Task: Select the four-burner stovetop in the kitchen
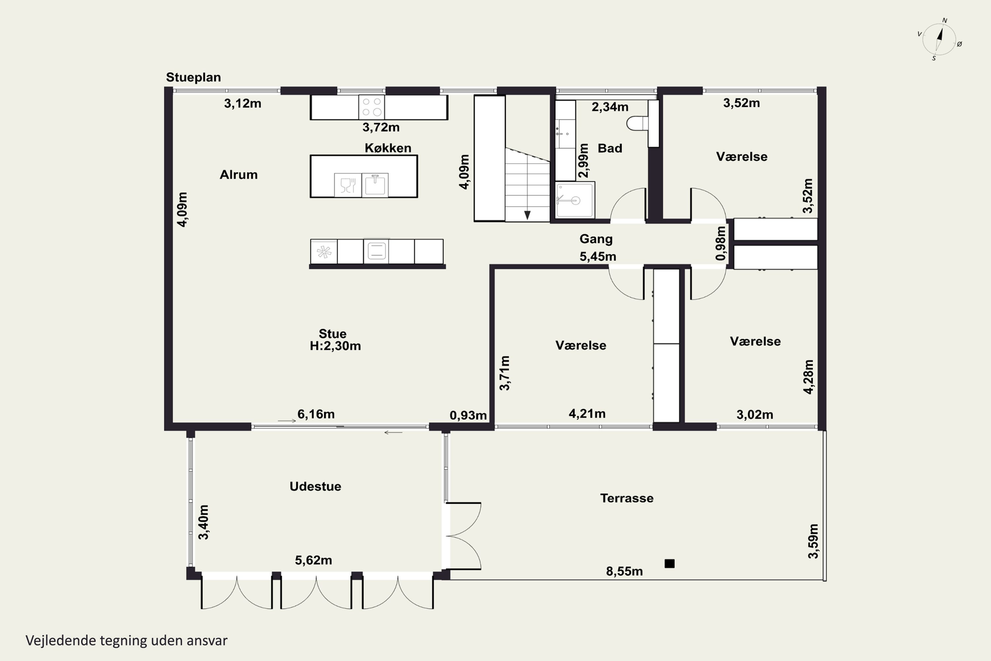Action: point(372,107)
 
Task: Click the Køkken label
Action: point(387,148)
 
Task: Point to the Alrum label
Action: point(239,175)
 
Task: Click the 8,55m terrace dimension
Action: point(624,571)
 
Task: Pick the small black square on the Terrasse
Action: point(670,564)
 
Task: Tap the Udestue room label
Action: point(315,486)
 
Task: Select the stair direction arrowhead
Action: point(527,215)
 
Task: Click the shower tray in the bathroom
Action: point(575,200)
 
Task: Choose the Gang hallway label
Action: point(596,239)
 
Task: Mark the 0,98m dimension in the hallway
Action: point(721,243)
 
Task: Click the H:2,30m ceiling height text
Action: point(335,346)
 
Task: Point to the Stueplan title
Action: point(193,77)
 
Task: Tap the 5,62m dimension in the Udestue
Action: point(313,560)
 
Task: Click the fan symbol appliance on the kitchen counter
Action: point(324,252)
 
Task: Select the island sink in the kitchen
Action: point(375,185)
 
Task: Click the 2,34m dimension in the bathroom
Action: point(610,107)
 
